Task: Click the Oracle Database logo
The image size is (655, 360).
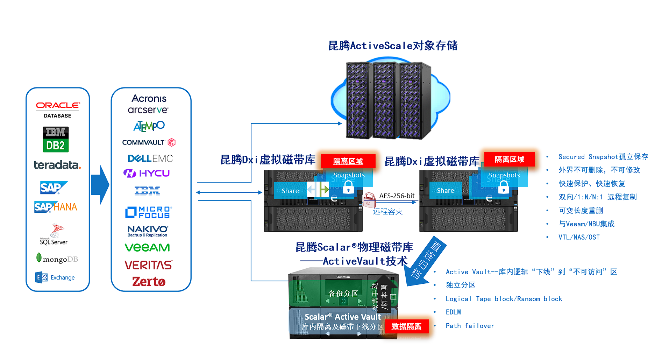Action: click(x=58, y=110)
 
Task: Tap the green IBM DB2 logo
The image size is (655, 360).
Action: click(x=56, y=139)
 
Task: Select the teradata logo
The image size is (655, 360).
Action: click(x=57, y=165)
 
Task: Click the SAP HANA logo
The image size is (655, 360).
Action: click(x=56, y=207)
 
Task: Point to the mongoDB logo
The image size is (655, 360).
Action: click(x=57, y=259)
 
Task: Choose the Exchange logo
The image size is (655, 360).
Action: click(x=55, y=277)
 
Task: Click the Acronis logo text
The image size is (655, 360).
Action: click(x=149, y=98)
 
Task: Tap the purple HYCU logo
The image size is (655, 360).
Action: click(x=147, y=173)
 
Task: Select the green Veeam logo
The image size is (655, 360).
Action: click(x=147, y=247)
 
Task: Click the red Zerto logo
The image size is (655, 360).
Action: click(x=149, y=282)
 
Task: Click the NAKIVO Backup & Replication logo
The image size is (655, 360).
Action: click(x=148, y=231)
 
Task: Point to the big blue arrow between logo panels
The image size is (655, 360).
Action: click(x=100, y=185)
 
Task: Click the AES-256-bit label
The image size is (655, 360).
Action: click(x=397, y=196)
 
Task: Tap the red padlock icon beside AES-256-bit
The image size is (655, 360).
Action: click(x=369, y=200)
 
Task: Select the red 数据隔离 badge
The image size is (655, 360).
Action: click(x=406, y=326)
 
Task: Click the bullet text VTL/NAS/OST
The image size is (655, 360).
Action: click(x=579, y=237)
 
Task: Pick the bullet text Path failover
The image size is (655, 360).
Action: click(x=470, y=326)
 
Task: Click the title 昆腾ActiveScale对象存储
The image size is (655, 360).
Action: click(x=393, y=45)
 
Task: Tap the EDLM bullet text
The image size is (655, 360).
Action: click(x=453, y=312)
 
